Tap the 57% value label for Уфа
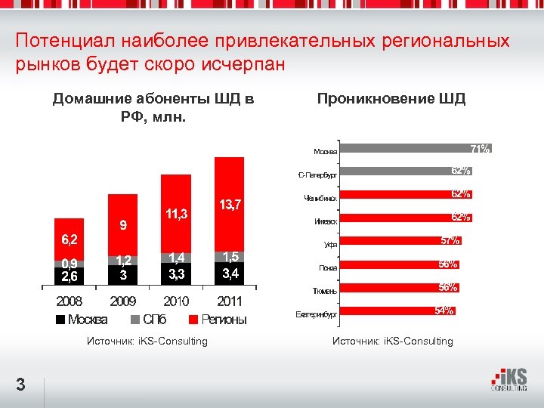451,241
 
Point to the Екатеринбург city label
316,313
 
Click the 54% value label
444,311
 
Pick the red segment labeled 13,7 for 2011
229,205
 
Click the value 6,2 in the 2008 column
69,240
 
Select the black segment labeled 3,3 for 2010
178,274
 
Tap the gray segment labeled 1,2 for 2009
123,261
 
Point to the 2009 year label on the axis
123,301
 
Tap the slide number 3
21,385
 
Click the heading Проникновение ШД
391,99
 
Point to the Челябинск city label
319,199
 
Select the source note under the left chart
147,342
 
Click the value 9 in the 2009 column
123,224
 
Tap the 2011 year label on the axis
229,301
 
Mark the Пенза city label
328,267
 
